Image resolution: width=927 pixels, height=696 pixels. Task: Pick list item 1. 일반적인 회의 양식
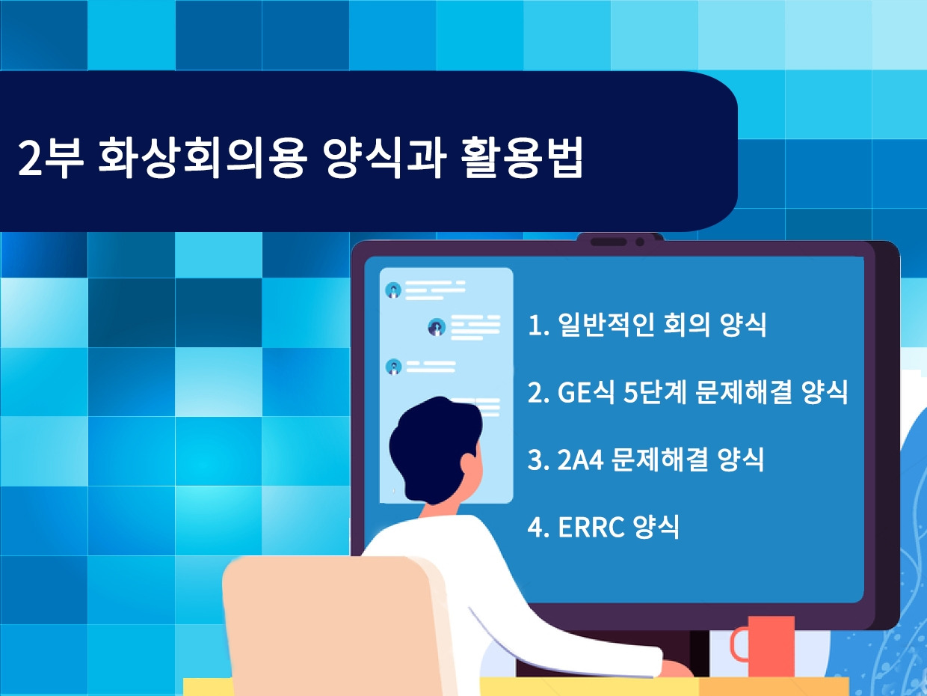647,326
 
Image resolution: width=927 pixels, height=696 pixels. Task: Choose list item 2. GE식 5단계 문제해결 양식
688,392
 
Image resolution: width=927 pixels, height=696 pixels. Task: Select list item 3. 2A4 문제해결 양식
646,460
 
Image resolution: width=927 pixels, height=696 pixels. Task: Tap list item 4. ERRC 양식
604,526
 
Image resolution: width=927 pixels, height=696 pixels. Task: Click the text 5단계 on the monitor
655,392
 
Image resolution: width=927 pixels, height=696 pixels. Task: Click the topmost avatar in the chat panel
392,290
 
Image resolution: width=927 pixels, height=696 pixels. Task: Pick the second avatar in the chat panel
437,327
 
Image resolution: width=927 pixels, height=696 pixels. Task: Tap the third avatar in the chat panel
392,367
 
